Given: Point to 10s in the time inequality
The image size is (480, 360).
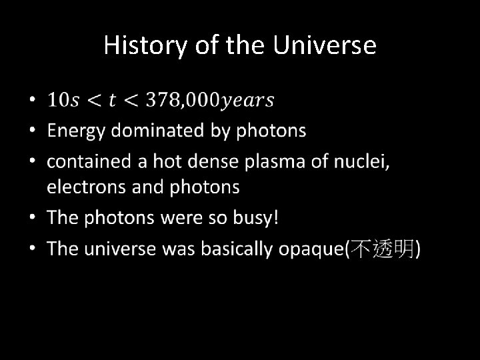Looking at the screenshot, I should click(x=63, y=101).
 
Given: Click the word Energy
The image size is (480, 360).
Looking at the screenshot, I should click(x=75, y=131).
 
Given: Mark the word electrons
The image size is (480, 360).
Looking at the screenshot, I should click(x=86, y=187).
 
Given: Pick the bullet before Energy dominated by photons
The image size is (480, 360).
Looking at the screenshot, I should click(x=34, y=131).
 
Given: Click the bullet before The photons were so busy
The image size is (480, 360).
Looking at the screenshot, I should click(x=34, y=217).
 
